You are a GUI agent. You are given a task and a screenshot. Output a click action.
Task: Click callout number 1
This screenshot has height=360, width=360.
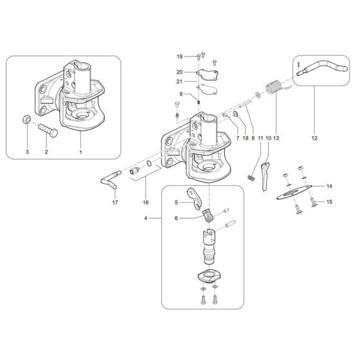tap(80, 152)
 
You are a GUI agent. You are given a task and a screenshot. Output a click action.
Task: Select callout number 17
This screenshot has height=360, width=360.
tap(116, 203)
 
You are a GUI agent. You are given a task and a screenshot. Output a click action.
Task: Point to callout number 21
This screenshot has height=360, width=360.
tap(181, 82)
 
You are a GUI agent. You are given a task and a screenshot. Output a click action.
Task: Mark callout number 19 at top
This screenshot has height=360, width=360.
tap(181, 56)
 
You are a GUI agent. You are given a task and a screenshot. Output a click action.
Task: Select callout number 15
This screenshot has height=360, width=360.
tap(330, 203)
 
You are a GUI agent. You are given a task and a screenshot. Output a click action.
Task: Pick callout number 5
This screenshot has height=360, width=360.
tap(175, 202)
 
